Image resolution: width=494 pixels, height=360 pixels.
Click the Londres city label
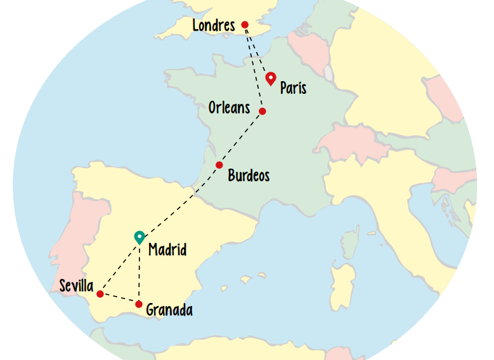coord(213,26)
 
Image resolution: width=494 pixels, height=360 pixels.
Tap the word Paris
coord(293,88)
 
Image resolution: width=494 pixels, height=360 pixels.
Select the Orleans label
coord(229,108)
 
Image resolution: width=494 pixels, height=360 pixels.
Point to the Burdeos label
coord(249,175)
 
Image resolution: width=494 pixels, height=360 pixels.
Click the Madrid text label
coord(167,250)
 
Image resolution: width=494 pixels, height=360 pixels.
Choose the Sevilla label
coord(76,286)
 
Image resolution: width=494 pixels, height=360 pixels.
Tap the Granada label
coord(169,310)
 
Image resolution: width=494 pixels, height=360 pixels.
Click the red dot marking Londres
coord(245,25)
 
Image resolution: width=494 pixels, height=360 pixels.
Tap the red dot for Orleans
coord(263,112)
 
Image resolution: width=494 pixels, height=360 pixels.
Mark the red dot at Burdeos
coord(219,165)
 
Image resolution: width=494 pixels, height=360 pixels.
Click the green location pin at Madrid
coord(140,237)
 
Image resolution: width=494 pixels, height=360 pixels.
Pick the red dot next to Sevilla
coord(100,293)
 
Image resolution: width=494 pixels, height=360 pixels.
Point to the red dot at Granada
coord(139,304)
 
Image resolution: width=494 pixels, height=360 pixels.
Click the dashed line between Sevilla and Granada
coord(119,299)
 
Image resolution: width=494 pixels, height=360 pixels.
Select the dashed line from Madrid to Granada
coord(140,273)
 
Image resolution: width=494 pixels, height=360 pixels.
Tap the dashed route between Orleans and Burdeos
coord(241,138)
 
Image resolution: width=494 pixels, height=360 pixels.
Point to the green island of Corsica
coord(349,245)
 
